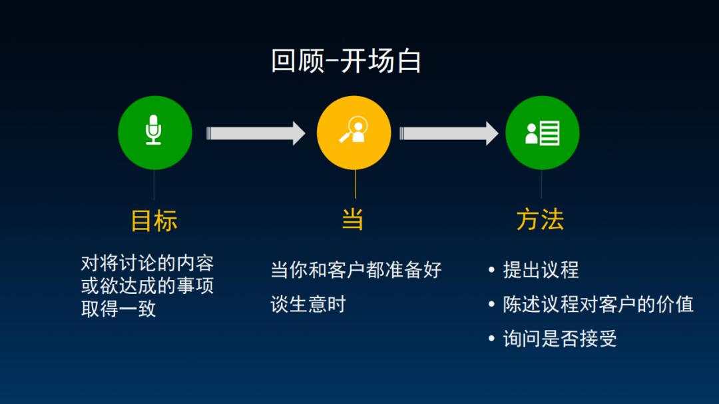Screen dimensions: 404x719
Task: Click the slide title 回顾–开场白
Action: click(346, 61)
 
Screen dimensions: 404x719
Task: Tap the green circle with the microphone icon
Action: click(154, 133)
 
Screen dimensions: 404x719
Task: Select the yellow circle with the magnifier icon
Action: click(354, 133)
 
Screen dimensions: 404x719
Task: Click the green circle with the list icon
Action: click(542, 133)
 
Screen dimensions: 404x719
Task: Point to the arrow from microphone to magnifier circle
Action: click(255, 133)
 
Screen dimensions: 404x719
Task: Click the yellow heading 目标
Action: click(154, 221)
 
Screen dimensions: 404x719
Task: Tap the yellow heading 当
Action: click(353, 219)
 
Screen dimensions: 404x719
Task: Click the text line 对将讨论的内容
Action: click(147, 263)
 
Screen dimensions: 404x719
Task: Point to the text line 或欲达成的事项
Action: click(147, 287)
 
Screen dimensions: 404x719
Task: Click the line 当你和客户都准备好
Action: click(356, 270)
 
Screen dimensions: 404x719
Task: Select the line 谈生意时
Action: click(308, 305)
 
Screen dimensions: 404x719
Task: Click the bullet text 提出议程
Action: click(541, 270)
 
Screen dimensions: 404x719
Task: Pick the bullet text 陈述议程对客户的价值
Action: click(598, 305)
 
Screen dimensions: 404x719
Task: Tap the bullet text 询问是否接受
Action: click(560, 339)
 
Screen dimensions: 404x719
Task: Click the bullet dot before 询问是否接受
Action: click(492, 339)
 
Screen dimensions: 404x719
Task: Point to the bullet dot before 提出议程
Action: click(492, 270)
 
